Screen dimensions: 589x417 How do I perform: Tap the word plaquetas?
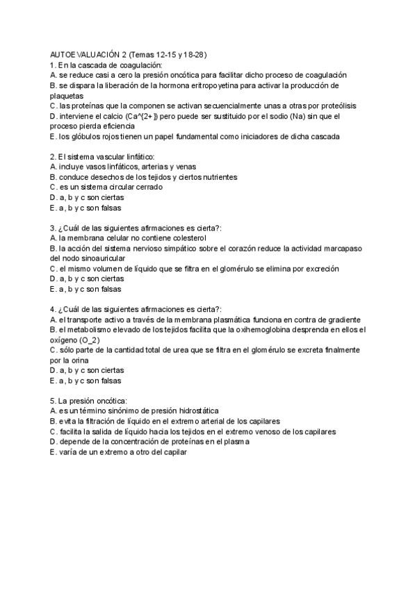tap(67, 96)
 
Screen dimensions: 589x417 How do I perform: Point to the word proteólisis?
tap(332, 106)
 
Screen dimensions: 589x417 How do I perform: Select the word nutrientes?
tap(217, 177)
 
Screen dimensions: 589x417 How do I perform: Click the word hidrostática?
tap(206, 410)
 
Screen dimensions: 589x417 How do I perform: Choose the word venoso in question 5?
tap(252, 431)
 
